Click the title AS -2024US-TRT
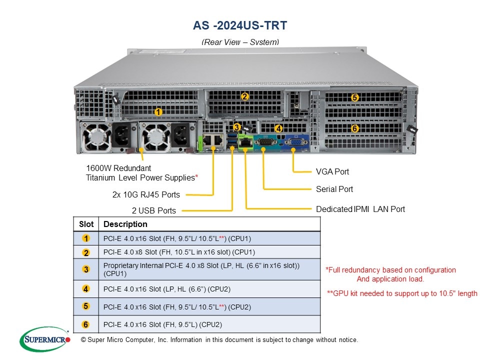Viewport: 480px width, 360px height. click(x=240, y=25)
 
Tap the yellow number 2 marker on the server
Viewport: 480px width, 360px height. click(x=244, y=96)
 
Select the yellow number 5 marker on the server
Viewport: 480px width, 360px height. click(x=354, y=97)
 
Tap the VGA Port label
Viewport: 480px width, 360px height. click(x=332, y=171)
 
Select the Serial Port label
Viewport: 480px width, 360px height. click(x=334, y=189)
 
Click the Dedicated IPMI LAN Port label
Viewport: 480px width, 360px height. click(x=360, y=209)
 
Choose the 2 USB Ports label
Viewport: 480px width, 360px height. click(x=154, y=210)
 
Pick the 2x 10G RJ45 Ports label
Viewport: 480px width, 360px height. click(x=146, y=194)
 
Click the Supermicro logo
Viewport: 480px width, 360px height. click(x=45, y=339)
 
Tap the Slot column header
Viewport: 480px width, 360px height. click(x=86, y=224)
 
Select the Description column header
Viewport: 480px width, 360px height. click(x=125, y=224)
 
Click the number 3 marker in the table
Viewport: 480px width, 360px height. click(x=86, y=269)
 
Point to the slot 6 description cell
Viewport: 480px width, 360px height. click(x=209, y=324)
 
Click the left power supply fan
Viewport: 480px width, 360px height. click(x=96, y=137)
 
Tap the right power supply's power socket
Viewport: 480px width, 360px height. click(x=180, y=135)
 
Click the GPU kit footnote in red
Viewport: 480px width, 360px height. click(x=402, y=293)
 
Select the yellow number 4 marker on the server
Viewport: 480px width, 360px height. click(x=278, y=128)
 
